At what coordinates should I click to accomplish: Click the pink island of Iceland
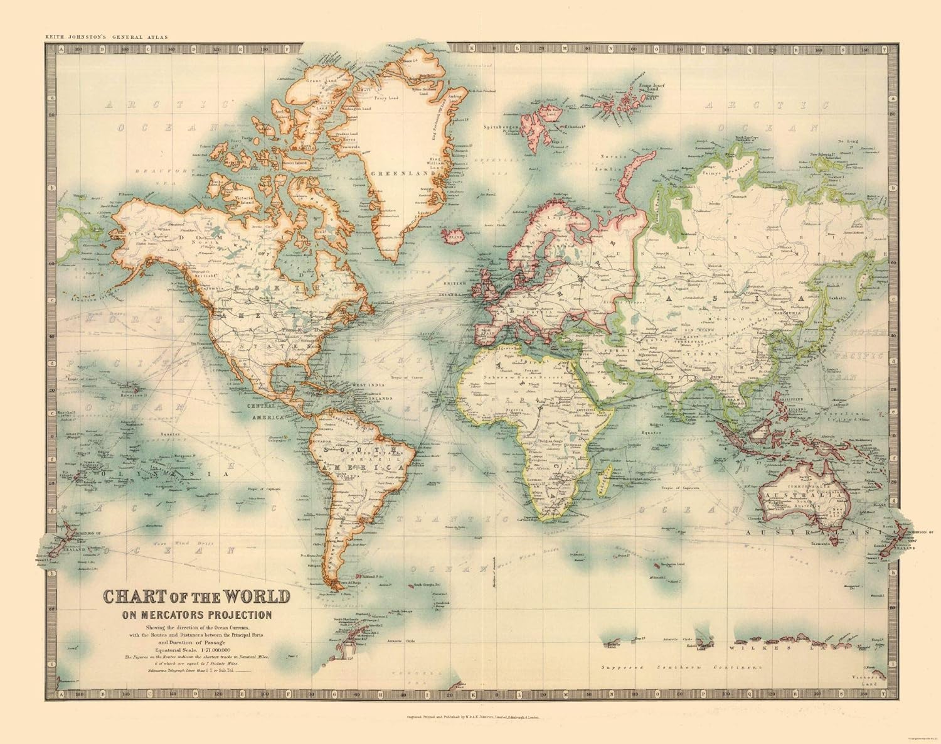452,237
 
